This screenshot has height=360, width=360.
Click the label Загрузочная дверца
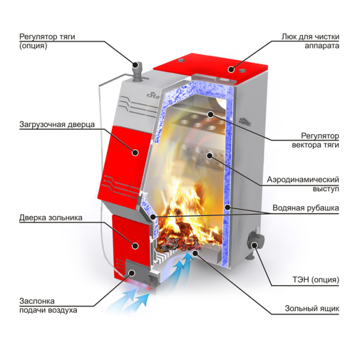point(57,124)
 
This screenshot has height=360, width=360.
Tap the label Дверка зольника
point(51,217)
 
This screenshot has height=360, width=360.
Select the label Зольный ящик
point(312,308)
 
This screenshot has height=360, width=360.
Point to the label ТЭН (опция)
point(316,280)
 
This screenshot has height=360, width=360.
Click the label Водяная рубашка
point(305,208)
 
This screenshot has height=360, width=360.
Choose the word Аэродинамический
point(303,179)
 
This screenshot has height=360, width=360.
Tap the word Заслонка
point(37,301)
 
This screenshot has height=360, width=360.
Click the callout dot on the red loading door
point(136,152)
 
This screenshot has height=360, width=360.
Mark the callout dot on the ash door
point(136,246)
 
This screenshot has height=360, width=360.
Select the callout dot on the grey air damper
point(132,273)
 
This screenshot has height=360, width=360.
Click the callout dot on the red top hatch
point(231,69)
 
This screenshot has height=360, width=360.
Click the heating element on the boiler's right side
point(254,242)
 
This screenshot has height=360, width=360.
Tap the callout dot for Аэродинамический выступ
point(209,155)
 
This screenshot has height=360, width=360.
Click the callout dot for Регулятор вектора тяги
point(210,113)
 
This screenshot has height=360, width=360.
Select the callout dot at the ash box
point(196,253)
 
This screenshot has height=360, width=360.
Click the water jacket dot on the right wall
point(227,208)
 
